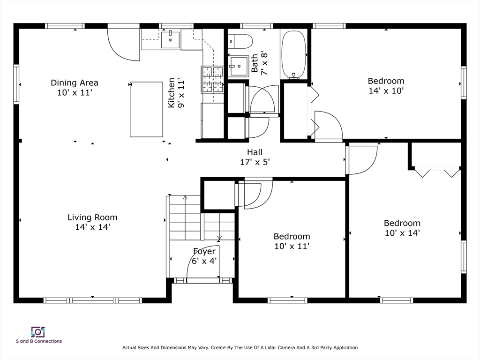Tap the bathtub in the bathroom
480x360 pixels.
tap(294, 54)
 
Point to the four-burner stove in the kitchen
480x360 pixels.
tap(212, 79)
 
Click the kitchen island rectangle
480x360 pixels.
tap(146, 109)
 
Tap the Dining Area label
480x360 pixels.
tap(75, 88)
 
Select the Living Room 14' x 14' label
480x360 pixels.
tap(92, 222)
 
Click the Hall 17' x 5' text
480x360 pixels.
tap(255, 157)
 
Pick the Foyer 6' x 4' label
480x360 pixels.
tap(204, 256)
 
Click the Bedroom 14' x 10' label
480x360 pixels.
tap(386, 86)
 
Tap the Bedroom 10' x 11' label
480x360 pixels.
tap(292, 241)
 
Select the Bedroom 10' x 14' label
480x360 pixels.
tap(402, 228)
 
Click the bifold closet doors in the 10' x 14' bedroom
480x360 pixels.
tap(437, 172)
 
